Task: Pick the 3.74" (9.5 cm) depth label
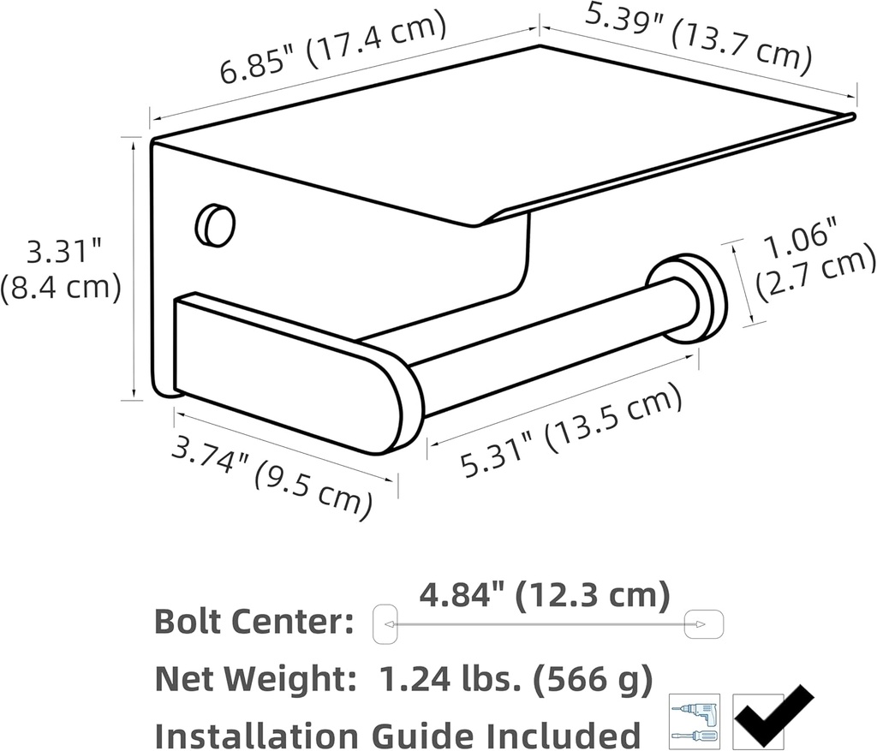point(272,475)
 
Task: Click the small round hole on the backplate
point(215,225)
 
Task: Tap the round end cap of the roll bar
point(689,298)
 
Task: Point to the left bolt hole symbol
point(385,623)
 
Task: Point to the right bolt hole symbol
point(706,623)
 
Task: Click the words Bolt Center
point(254,623)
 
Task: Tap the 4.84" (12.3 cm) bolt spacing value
point(545,595)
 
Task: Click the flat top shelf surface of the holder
point(514,128)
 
